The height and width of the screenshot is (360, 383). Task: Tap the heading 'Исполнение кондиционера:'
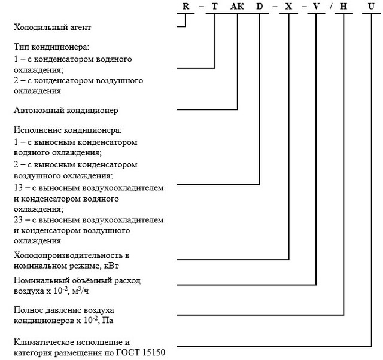click(67, 130)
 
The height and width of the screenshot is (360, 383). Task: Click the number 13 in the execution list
click(17, 188)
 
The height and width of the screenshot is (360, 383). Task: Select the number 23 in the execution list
click(17, 220)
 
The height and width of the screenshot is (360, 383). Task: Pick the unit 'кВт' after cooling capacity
click(119, 265)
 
